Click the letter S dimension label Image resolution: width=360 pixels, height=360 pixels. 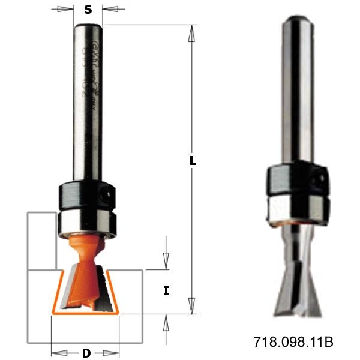(x=88, y=10)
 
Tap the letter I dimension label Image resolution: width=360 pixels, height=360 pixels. (x=166, y=292)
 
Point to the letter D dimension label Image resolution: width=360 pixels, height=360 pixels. (x=86, y=353)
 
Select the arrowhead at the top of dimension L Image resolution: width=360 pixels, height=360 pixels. (x=192, y=33)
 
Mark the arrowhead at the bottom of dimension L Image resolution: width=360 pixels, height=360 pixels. (x=192, y=305)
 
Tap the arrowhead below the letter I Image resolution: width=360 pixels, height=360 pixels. (x=166, y=322)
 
